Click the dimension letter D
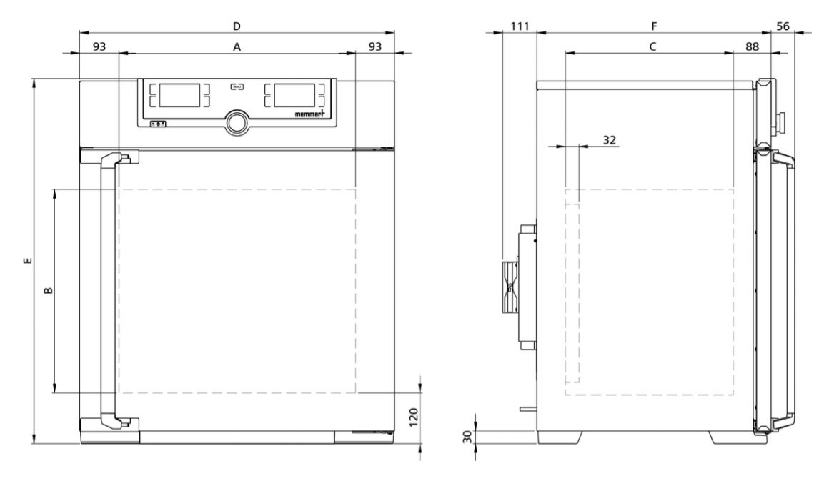tap(237, 26)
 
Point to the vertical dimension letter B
tap(47, 291)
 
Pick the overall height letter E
tap(26, 261)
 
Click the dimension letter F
tap(653, 26)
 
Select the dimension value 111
tap(520, 26)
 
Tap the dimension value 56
tap(783, 26)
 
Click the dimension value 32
tap(609, 139)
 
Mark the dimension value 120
tap(413, 415)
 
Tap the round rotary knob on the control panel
tap(236, 122)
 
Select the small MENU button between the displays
tap(236, 88)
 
